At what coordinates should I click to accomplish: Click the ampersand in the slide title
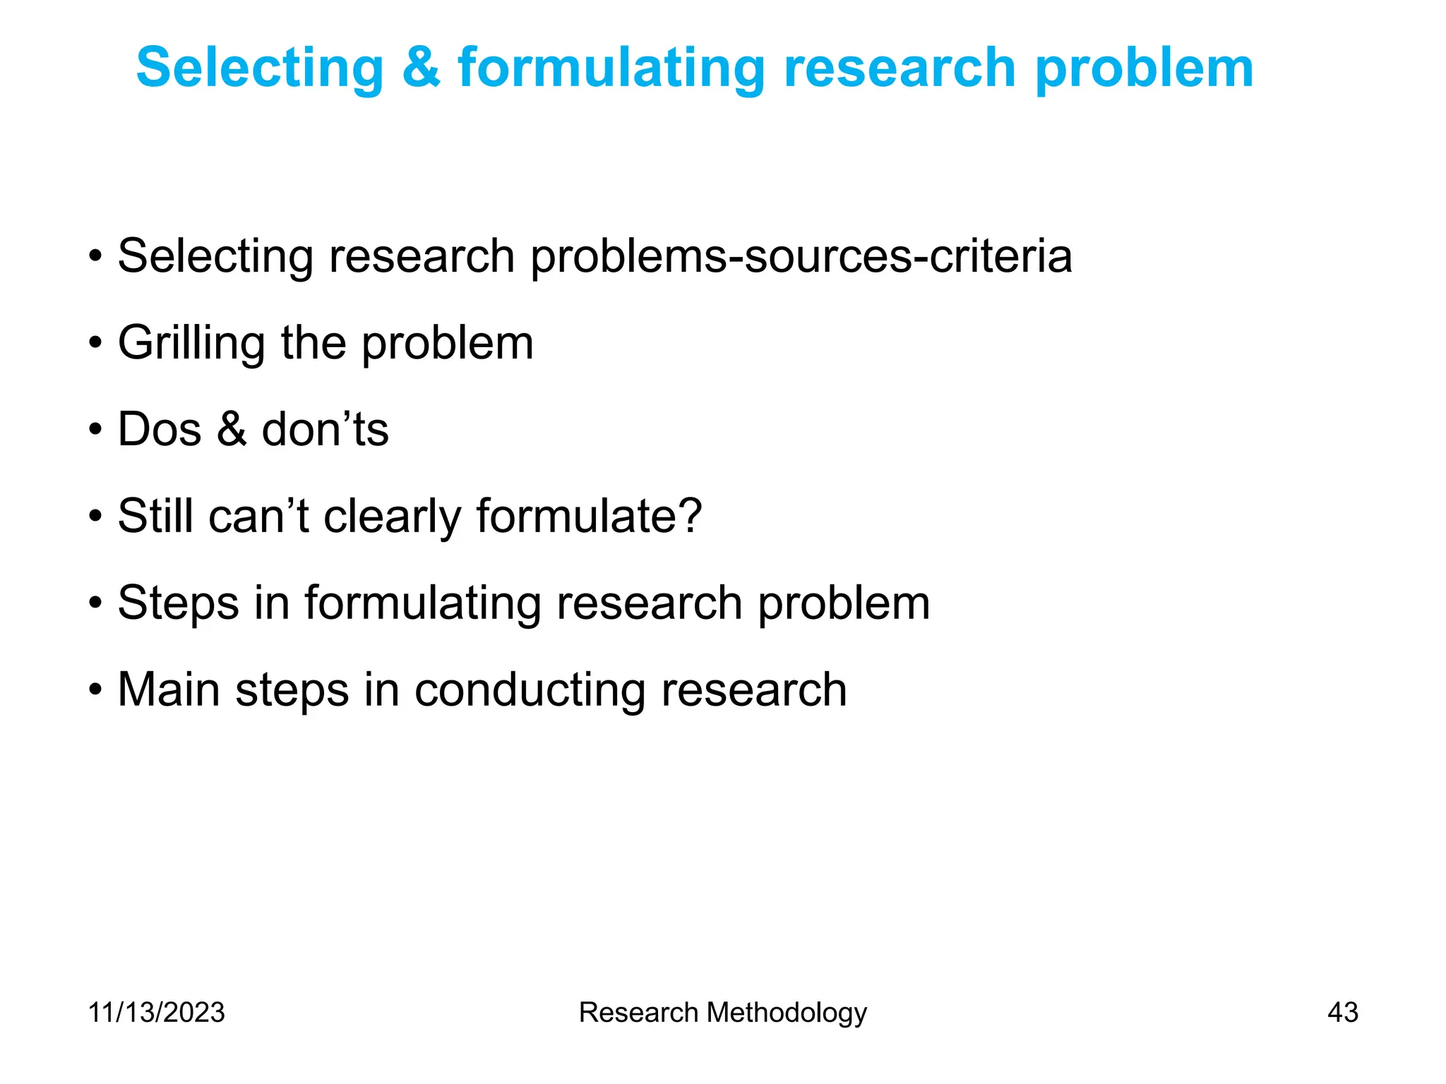tap(421, 68)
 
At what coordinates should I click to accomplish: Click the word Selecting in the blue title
tap(259, 68)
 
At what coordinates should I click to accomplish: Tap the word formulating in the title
tap(611, 68)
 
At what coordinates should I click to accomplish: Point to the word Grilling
tap(191, 344)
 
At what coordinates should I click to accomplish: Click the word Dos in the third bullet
tap(160, 429)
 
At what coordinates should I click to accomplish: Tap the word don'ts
tap(325, 429)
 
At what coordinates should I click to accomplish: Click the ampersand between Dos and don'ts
tap(232, 429)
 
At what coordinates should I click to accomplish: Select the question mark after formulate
tap(688, 515)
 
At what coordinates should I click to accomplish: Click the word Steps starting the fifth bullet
tap(178, 604)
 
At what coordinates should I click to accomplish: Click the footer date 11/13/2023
tap(156, 1012)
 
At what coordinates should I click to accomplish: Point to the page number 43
tap(1342, 1012)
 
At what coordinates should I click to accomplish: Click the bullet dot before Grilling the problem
tap(95, 344)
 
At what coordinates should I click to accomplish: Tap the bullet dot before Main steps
tap(95, 690)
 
